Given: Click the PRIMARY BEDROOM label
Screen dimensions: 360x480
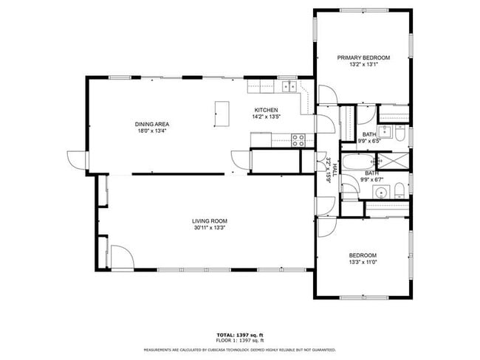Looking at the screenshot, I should coord(363,58).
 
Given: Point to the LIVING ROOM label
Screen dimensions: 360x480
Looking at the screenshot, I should coord(210,221).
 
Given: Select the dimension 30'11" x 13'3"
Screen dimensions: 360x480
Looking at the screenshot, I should coord(210,227).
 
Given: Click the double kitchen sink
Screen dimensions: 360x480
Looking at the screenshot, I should coord(288,87).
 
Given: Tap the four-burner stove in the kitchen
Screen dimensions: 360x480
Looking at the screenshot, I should coord(299,138).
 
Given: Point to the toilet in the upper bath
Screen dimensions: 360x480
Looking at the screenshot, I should coord(399,134).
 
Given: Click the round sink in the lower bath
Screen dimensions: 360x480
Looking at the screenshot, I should coord(381,193).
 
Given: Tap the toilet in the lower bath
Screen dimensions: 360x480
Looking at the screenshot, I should coord(399,193).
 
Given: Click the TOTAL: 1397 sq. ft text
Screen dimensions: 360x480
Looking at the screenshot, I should coord(239,336).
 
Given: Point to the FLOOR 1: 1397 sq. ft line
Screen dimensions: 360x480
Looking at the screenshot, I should coord(239,341).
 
